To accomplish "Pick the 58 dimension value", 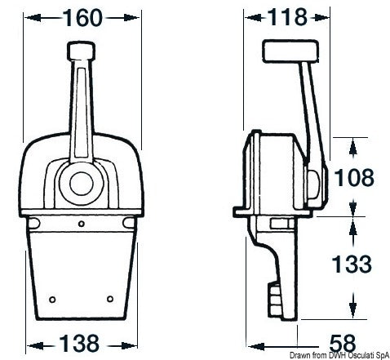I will point(349,341).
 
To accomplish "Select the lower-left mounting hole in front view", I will point(53,298).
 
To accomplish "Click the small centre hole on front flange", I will point(82,222).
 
